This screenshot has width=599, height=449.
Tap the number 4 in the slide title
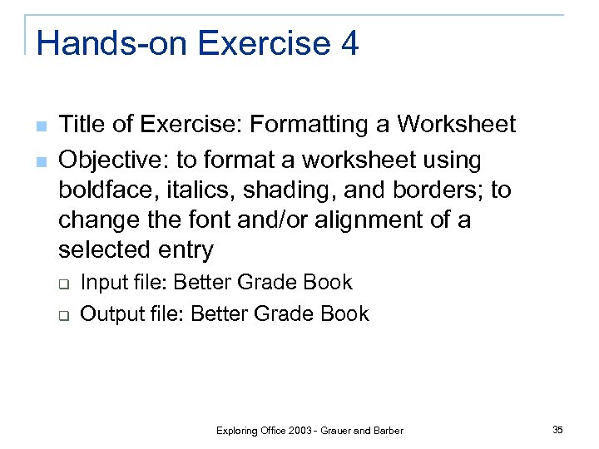[349, 43]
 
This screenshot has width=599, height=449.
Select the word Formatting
[319, 126]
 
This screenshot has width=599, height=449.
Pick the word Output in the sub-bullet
[109, 313]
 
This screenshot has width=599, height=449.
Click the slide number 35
[557, 430]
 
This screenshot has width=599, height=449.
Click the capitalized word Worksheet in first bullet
[456, 126]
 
